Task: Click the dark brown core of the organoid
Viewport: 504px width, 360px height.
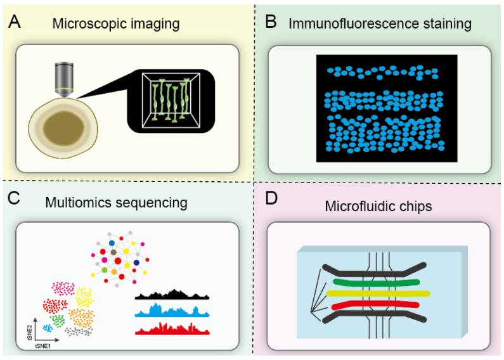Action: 65,127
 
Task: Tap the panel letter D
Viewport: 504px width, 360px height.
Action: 272,198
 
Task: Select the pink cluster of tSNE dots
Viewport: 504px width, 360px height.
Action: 62,289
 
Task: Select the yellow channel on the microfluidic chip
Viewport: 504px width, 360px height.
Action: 378,293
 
